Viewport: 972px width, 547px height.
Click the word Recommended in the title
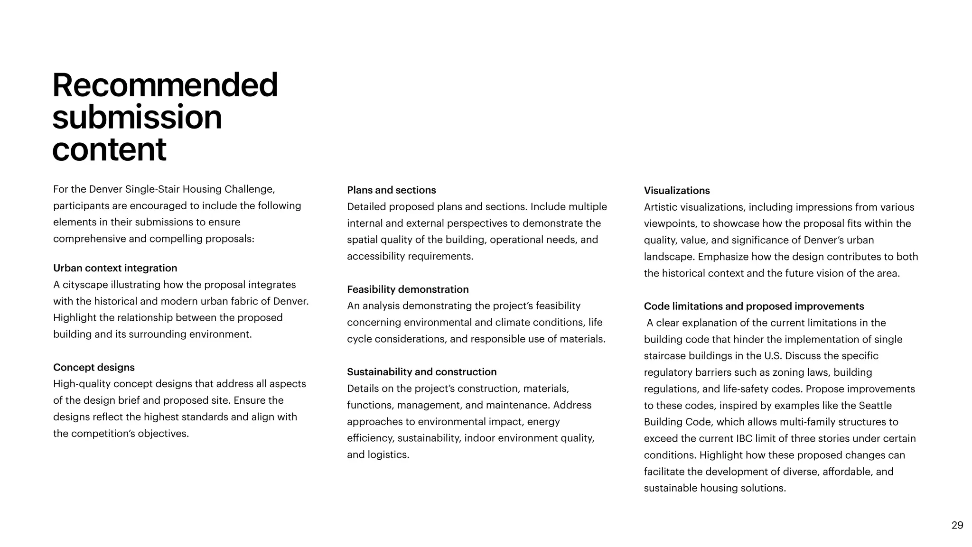click(165, 85)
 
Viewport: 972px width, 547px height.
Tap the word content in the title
click(109, 149)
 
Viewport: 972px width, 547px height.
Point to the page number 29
click(957, 525)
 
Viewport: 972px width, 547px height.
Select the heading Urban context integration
click(115, 268)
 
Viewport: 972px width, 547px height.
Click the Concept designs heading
click(94, 367)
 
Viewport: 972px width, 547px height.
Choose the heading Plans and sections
click(391, 190)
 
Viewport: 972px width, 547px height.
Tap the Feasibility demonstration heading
click(408, 289)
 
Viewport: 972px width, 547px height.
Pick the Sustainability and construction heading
click(421, 372)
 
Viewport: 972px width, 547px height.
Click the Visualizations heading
click(677, 191)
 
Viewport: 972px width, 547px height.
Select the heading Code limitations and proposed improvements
click(754, 306)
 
